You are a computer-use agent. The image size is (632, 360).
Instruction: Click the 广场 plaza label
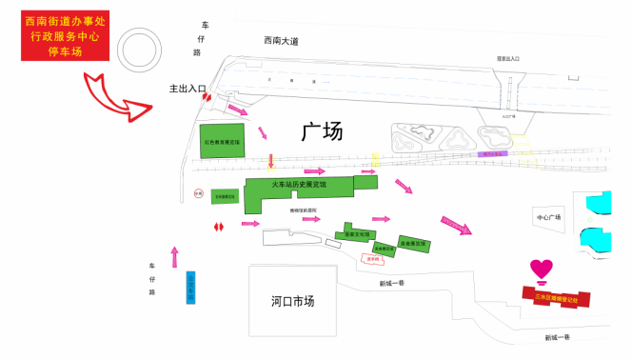[322, 131]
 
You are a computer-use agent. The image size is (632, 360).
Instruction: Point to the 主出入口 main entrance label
[188, 89]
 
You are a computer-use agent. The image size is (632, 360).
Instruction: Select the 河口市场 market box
[292, 300]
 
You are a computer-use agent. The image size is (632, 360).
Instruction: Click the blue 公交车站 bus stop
[189, 287]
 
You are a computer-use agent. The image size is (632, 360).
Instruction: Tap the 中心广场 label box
[550, 217]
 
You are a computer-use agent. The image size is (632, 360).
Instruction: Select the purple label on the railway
[495, 152]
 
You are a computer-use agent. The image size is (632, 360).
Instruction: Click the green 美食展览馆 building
[414, 243]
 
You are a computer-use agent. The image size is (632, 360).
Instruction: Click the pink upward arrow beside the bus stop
[174, 256]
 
